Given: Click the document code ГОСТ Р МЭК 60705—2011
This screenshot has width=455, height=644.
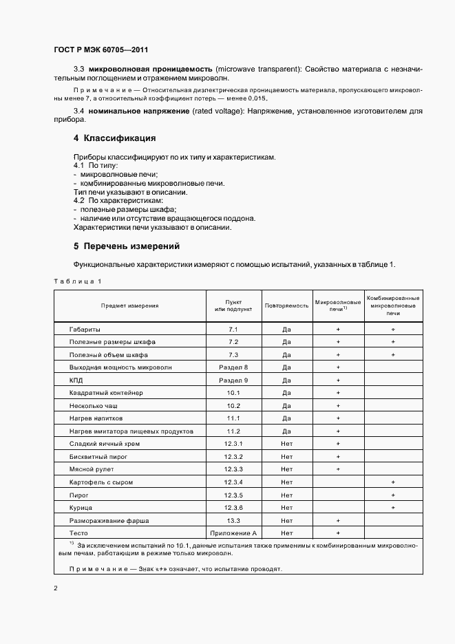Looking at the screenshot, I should tap(100, 50).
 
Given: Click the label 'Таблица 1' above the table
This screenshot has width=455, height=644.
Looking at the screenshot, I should tap(77, 281).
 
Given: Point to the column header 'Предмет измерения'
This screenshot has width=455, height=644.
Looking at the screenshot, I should tap(130, 305).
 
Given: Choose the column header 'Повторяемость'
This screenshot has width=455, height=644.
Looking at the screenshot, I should tap(286, 305).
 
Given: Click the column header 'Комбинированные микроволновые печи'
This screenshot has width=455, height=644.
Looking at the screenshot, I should tap(392, 305).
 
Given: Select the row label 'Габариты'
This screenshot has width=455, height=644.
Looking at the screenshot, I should tap(85, 330).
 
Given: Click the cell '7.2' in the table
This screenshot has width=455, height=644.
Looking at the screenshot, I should tap(233, 342).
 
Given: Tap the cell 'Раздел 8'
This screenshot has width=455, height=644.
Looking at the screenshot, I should tap(233, 367).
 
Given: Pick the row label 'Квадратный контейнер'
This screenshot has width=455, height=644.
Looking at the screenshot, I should tap(105, 393).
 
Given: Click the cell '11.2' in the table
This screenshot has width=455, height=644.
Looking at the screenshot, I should tap(233, 431).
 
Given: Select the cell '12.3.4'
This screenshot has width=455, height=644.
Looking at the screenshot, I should tap(233, 482).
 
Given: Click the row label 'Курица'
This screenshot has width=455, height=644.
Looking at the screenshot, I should tap(81, 507).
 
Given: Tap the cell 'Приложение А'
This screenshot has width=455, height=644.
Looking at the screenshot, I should tap(233, 533).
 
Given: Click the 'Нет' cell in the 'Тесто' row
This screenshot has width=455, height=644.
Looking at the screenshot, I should tap(286, 533).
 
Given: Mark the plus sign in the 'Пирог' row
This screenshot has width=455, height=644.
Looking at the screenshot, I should tap(392, 495).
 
